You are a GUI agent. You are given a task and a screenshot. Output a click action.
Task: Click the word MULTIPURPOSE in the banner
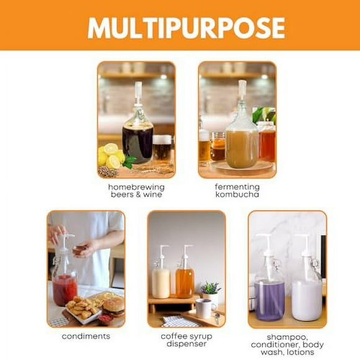[x=186, y=27]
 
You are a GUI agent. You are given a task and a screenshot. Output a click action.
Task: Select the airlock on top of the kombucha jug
[x=242, y=92]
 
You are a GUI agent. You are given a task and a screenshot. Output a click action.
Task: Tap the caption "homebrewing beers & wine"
[x=136, y=190]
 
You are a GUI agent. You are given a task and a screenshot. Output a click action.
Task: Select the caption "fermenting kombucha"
[x=237, y=190]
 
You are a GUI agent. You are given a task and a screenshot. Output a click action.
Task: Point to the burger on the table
[x=113, y=307]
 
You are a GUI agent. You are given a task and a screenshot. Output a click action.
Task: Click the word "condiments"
[x=86, y=336]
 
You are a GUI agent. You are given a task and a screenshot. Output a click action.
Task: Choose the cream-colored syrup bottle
[x=161, y=281]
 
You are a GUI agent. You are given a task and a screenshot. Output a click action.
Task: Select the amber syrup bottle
[x=184, y=281]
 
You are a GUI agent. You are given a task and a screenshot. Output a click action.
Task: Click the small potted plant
[x=211, y=289]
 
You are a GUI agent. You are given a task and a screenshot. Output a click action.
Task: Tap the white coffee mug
[x=204, y=308]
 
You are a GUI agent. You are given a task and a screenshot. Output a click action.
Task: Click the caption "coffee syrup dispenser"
[x=186, y=340]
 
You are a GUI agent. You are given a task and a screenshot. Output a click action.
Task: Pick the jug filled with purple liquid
[x=269, y=299]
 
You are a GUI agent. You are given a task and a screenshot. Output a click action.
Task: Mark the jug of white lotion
[x=307, y=299]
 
